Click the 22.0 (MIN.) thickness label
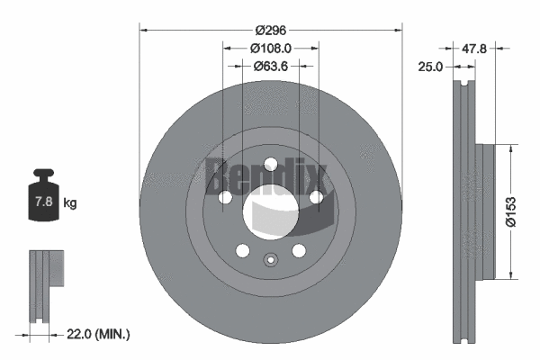99,334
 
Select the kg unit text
69,203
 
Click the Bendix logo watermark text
269,176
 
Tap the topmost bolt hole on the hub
271,165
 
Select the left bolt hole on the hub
222,199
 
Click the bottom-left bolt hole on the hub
241,253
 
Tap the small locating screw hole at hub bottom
271,262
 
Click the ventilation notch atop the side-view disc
464,87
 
